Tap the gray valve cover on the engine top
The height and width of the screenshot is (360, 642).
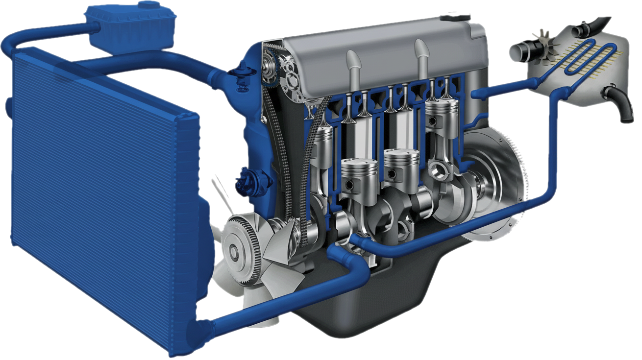pos(382,49)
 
